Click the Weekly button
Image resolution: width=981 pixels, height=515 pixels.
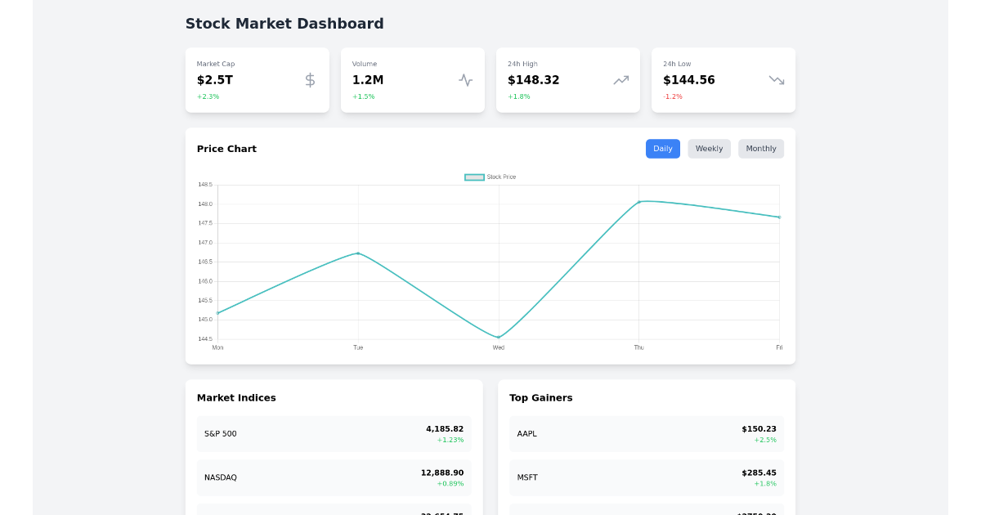click(x=709, y=149)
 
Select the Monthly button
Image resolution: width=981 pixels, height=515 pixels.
click(x=761, y=149)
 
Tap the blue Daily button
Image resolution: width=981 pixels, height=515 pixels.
click(x=663, y=149)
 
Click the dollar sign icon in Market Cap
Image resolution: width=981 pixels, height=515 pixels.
click(x=310, y=80)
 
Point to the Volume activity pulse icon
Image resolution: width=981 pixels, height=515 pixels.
click(x=466, y=80)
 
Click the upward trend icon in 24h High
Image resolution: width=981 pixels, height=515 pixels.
click(x=621, y=80)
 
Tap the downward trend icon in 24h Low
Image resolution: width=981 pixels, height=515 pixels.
click(x=777, y=80)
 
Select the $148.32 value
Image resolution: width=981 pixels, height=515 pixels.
click(x=534, y=80)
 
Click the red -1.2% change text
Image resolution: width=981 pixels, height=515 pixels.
click(x=673, y=96)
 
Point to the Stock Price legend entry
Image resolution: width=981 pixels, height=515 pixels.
click(x=490, y=177)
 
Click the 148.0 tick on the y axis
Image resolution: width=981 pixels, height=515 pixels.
click(x=205, y=204)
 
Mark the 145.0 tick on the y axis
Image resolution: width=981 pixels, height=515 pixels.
click(x=205, y=320)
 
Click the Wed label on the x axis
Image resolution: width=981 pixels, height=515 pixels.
click(x=499, y=347)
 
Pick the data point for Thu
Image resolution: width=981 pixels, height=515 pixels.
click(x=639, y=202)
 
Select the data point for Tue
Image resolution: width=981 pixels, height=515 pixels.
click(x=358, y=253)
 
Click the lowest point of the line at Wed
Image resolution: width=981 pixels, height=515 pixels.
click(x=499, y=338)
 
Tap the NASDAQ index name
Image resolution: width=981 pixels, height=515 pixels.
click(x=221, y=477)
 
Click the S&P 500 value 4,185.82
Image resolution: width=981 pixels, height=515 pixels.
click(x=445, y=429)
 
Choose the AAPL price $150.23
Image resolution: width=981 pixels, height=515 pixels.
click(x=759, y=429)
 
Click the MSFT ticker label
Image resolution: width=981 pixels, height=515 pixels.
click(x=527, y=477)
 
